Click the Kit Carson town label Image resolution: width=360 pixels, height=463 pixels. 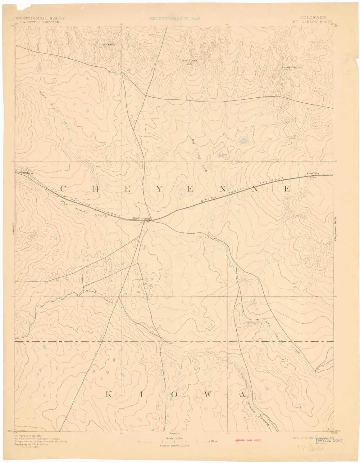(141, 218)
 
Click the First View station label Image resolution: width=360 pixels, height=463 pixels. (313, 173)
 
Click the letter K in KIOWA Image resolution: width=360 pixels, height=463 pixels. (109, 395)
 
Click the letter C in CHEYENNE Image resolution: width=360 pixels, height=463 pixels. (63, 189)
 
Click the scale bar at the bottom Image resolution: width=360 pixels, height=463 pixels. (174, 442)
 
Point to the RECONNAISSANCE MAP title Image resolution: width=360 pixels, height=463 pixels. (175, 19)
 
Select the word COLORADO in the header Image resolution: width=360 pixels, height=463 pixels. (312, 18)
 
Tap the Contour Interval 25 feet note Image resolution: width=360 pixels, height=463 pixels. (174, 445)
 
